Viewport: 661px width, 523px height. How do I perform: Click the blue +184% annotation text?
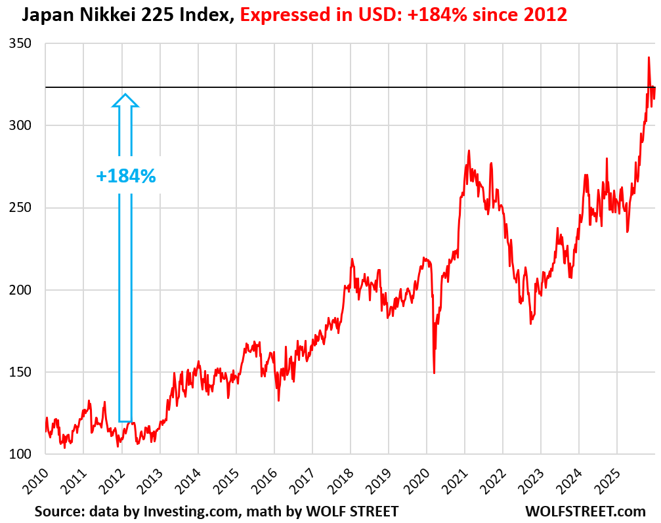click(x=125, y=176)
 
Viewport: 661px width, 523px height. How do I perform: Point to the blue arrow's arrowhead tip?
click(x=125, y=94)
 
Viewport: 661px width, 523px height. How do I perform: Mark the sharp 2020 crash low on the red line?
click(x=434, y=373)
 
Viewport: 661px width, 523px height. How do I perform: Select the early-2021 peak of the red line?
click(x=469, y=150)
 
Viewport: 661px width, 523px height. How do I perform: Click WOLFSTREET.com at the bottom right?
click(x=586, y=511)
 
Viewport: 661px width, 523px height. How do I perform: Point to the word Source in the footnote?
click(x=58, y=511)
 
